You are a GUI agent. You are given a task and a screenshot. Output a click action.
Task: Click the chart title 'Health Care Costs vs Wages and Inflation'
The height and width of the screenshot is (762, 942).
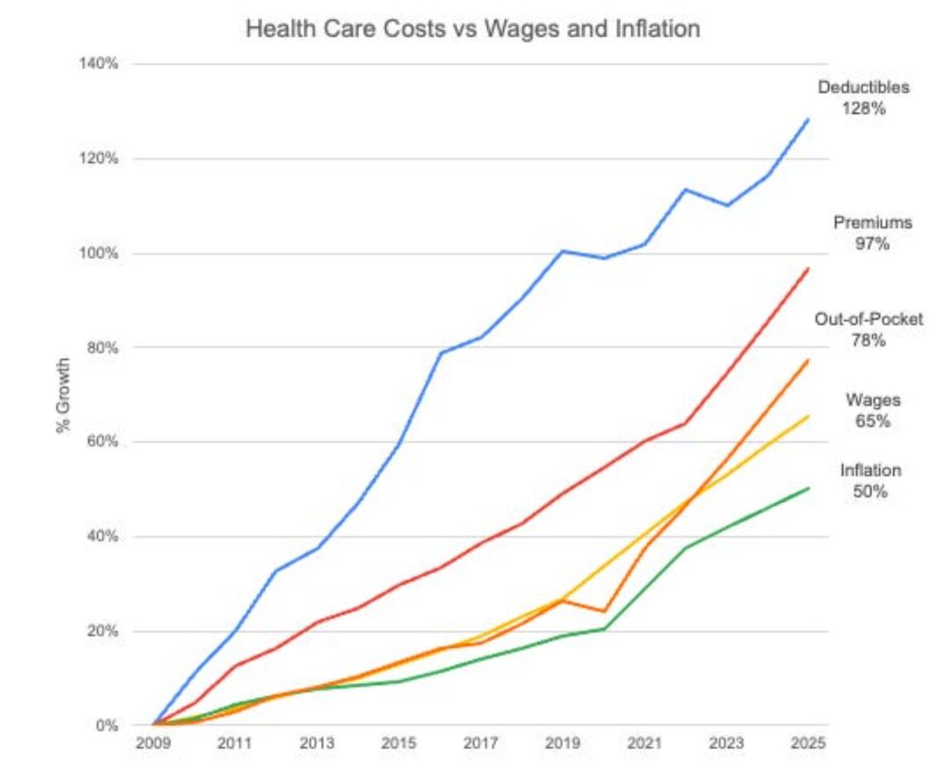coord(472,29)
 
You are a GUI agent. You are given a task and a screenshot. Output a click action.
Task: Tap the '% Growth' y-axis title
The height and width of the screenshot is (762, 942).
coord(64,395)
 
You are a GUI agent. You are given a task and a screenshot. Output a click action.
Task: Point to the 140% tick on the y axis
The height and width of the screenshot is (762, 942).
coord(100,64)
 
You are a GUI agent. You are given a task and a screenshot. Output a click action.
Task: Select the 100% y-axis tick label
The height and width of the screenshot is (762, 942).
coord(100,253)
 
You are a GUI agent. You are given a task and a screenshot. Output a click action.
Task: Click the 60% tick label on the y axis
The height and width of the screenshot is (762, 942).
coord(103,442)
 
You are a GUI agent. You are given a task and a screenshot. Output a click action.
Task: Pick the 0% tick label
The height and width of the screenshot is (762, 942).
coord(106,726)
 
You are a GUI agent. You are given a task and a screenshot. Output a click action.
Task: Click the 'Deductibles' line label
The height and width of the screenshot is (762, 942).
coord(864,88)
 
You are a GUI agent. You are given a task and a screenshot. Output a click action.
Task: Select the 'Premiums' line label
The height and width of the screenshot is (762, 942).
coord(872,223)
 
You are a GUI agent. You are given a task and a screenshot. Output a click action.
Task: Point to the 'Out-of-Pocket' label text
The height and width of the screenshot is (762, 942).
coord(869,319)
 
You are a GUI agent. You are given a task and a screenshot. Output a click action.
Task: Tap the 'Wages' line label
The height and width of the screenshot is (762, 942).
coord(873,400)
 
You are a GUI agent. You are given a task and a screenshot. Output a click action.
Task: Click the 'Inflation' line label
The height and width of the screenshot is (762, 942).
coord(870,470)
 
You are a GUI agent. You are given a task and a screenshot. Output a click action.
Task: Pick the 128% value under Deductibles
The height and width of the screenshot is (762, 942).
coord(864,108)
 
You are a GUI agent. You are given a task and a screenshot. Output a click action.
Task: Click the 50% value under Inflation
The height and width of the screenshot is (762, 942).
coord(870,491)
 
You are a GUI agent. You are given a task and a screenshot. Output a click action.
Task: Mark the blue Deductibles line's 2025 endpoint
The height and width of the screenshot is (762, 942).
coord(808,120)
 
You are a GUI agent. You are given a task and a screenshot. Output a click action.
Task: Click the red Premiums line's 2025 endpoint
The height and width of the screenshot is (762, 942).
coord(808,269)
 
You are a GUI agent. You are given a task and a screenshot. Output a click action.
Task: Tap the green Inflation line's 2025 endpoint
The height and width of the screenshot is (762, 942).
coord(808,488)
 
